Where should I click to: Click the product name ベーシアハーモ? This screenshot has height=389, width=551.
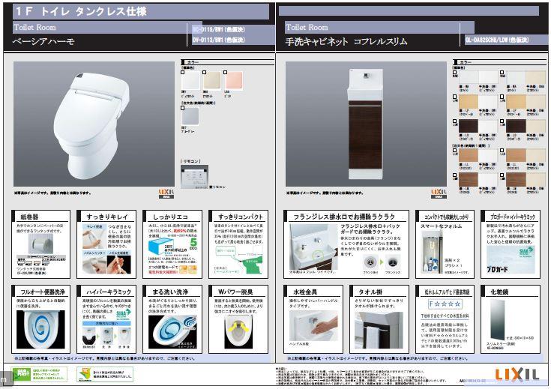(x=45, y=42)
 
